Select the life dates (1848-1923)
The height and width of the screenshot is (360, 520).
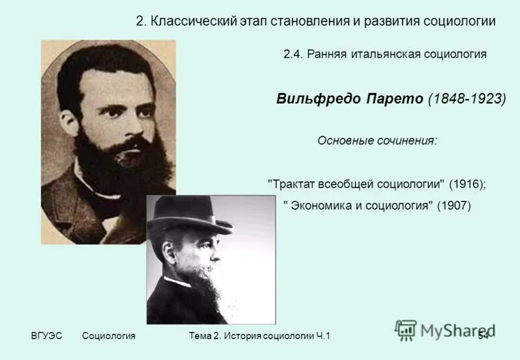coord(466,99)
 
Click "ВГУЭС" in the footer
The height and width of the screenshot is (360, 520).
coord(46,335)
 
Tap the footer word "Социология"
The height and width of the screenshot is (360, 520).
coord(109,335)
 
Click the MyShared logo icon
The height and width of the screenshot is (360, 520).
coord(405,330)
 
